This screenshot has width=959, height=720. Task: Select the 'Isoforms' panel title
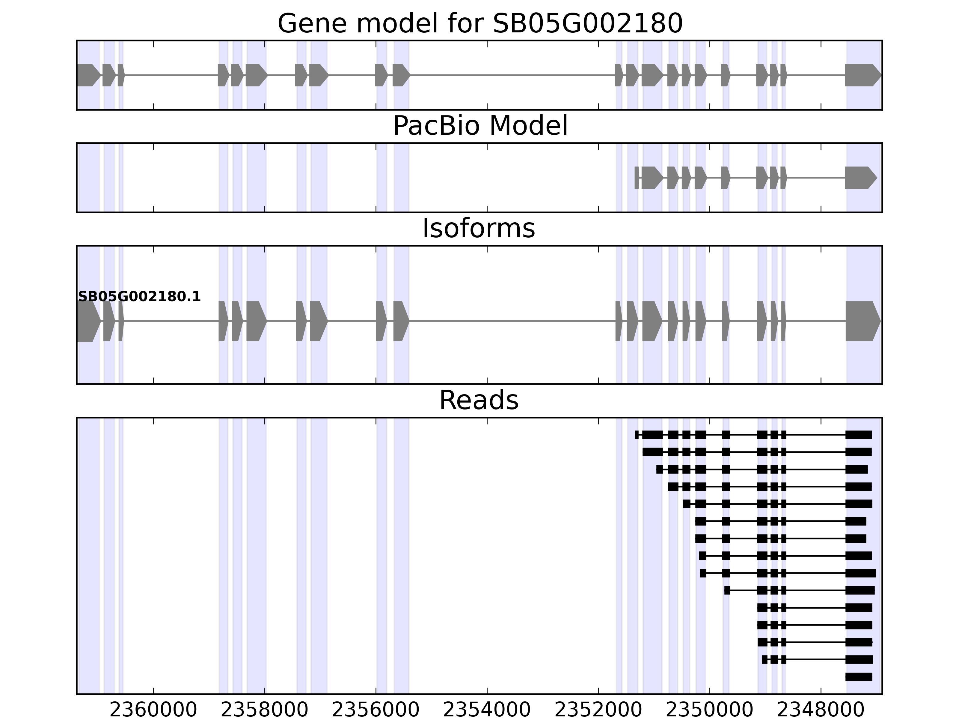click(479, 228)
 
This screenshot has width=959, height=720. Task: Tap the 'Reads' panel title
click(479, 400)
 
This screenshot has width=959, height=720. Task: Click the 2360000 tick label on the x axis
click(153, 710)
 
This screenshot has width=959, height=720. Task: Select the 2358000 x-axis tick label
click(264, 710)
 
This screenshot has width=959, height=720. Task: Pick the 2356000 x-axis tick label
click(376, 710)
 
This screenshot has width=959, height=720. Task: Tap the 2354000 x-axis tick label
click(487, 710)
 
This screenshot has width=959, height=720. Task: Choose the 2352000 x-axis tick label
click(598, 710)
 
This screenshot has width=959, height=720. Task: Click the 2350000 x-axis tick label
click(709, 710)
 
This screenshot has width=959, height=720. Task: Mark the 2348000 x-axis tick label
click(821, 710)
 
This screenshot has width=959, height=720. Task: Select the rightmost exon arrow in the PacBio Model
click(860, 178)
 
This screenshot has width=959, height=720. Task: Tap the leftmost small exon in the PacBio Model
click(637, 178)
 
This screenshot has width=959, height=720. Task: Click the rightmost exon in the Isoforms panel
click(862, 321)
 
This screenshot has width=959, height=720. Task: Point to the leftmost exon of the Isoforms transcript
click(88, 321)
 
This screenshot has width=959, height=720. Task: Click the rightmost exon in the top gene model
click(862, 75)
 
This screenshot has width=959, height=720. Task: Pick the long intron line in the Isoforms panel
click(512, 321)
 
